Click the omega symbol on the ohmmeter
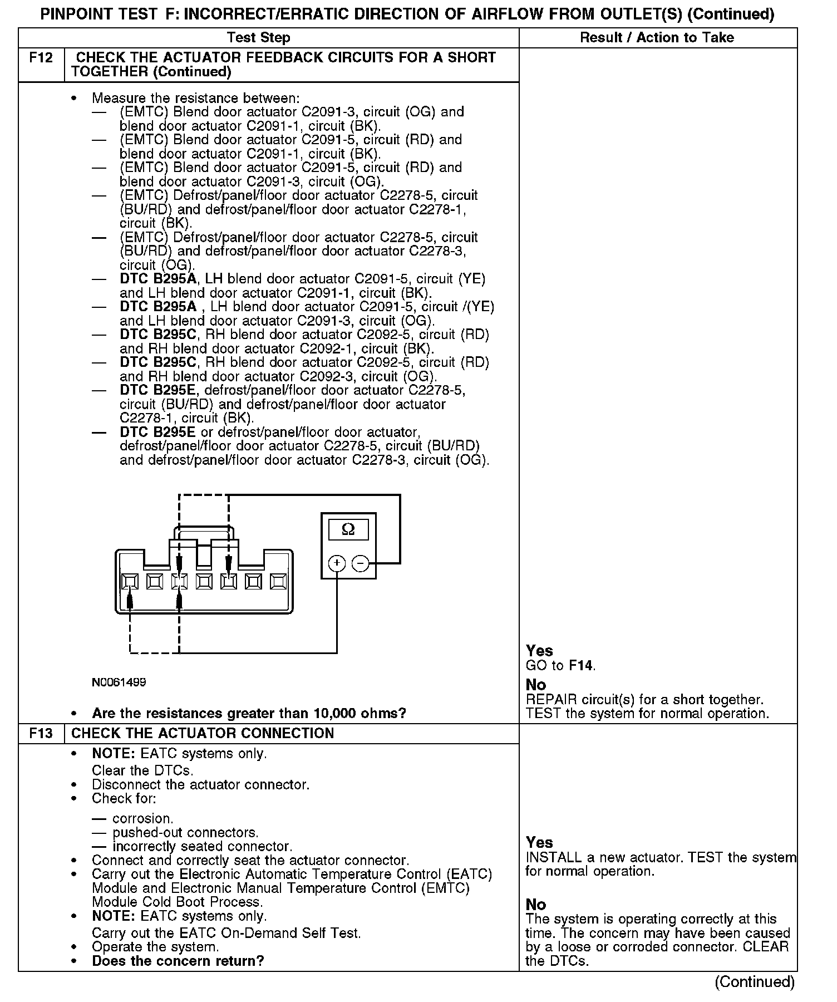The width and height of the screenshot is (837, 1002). coord(348,529)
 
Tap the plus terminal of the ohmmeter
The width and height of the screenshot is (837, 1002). coord(336,563)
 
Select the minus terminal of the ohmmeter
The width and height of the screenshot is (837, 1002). coord(361,563)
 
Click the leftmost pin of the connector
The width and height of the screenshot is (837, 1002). coord(130,582)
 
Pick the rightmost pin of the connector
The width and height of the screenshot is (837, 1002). coord(278,582)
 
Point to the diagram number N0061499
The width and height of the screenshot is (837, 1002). coord(119,682)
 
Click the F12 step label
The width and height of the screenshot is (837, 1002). coord(41,58)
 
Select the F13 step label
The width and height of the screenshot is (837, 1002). coord(41,733)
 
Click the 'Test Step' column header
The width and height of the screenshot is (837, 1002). coord(258,38)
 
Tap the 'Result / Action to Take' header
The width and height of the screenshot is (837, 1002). coord(657,38)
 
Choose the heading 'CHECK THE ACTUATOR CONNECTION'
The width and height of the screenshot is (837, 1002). coord(203,733)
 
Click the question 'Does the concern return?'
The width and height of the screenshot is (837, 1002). coord(178,961)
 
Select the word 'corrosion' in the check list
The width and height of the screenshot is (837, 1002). coord(142,818)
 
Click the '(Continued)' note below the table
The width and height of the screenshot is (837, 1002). coord(755,981)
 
